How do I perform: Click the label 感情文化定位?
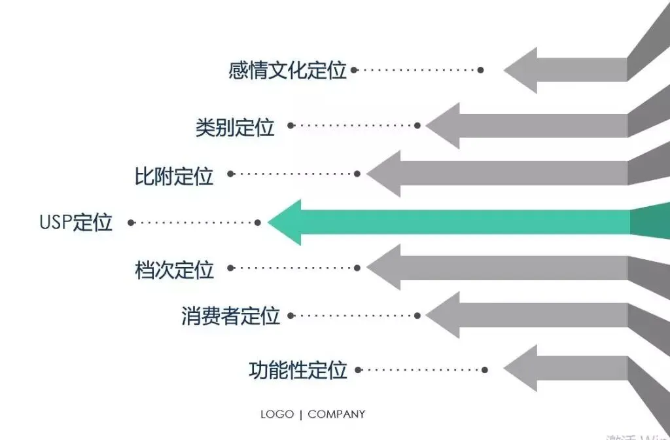tap(287, 70)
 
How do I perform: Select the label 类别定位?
tap(235, 126)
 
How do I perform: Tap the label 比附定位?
tap(174, 175)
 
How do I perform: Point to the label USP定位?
tap(76, 223)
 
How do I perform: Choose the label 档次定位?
tap(174, 269)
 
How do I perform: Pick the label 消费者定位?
tap(230, 316)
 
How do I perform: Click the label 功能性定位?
tap(298, 370)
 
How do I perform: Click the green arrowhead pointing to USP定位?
tap(288, 223)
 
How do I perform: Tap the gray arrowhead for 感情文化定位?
tap(523, 70)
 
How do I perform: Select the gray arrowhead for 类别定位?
tap(446, 125)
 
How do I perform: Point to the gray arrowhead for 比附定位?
tap(387, 174)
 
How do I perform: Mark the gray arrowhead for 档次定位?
tap(387, 267)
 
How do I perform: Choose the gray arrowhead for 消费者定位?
tap(446, 316)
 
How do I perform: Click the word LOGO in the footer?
tap(277, 414)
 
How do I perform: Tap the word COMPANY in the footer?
tap(336, 414)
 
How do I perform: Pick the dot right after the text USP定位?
tap(131, 223)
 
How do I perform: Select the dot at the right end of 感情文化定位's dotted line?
tap(481, 70)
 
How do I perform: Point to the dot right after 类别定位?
tap(291, 125)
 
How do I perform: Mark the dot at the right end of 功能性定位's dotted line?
tap(485, 370)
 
